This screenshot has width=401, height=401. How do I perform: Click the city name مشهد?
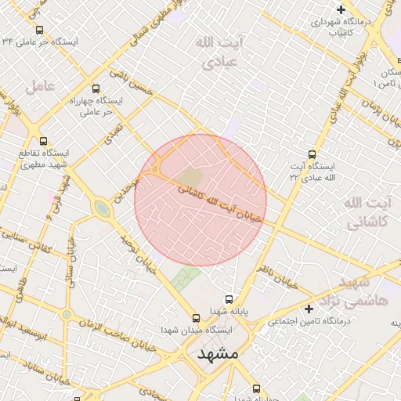(x=218, y=354)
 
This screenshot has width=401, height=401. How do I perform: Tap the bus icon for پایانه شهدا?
(x=229, y=299)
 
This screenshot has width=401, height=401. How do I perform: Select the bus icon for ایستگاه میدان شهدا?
(x=196, y=318)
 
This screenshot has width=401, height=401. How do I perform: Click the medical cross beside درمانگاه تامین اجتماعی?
(x=309, y=309)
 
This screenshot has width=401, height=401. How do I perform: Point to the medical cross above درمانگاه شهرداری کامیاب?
(x=340, y=9)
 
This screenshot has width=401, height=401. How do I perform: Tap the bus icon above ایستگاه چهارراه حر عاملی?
(x=96, y=89)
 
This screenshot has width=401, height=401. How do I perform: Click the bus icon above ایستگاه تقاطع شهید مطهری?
(x=44, y=142)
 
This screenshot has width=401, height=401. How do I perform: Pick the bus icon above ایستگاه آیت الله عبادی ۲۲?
(x=312, y=154)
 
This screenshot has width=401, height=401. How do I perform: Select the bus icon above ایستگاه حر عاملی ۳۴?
(x=39, y=30)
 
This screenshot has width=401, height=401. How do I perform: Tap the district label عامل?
(x=40, y=85)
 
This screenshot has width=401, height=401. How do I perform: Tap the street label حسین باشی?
(x=130, y=81)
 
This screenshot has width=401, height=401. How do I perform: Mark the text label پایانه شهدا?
(x=248, y=311)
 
